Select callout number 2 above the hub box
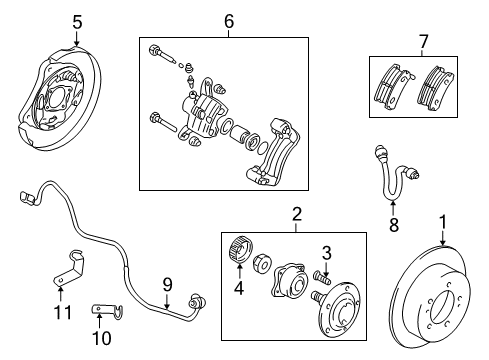297,212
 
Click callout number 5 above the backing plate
77,19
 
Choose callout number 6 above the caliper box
228,20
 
